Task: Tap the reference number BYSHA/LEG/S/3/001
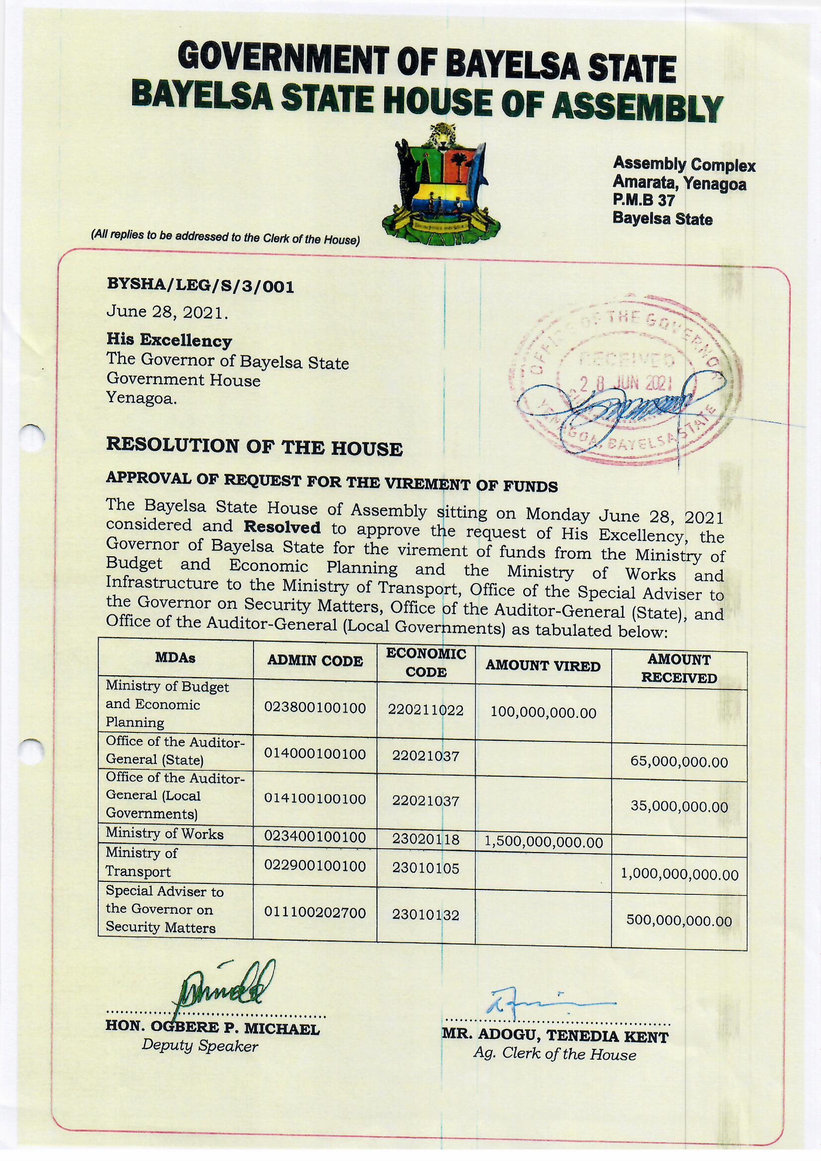tap(200, 287)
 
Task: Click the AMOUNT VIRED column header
tap(543, 666)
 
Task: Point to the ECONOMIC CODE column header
tap(426, 663)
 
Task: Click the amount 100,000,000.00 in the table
tap(544, 713)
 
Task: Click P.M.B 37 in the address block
tap(644, 200)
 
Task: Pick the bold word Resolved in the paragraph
tap(281, 527)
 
